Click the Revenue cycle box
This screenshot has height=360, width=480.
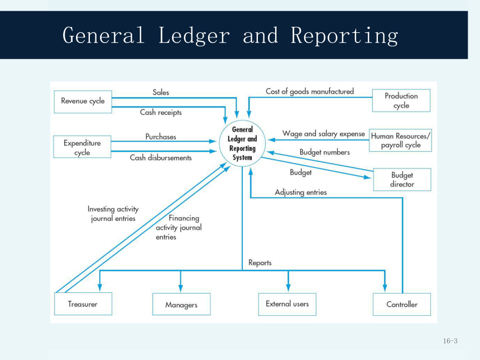coord(83,102)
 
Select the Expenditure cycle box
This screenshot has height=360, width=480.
coord(82,147)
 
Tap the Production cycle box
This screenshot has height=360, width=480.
coord(401,100)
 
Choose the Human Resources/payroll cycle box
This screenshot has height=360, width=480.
coord(400,140)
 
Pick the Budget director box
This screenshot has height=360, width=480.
coord(402,179)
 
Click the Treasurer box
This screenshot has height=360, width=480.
coord(83,304)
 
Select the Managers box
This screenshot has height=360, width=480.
coord(181,304)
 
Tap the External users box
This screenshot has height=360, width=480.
coord(287,304)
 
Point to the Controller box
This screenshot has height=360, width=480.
coord(402,304)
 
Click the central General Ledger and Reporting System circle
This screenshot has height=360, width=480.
coord(242,143)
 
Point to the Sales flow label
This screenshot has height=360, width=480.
coord(161,92)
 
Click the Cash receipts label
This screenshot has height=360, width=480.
coord(161,112)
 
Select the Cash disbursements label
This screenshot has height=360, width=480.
coord(161,157)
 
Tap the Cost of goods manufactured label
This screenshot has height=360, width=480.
coord(310,91)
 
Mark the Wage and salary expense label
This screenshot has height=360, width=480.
coord(324,134)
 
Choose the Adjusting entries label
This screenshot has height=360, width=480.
coord(301,192)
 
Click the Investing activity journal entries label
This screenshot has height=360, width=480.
coord(113,214)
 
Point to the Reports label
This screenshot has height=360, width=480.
coord(260,263)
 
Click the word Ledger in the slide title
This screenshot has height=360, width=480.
coord(194,36)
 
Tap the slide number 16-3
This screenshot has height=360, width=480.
coord(450,340)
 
